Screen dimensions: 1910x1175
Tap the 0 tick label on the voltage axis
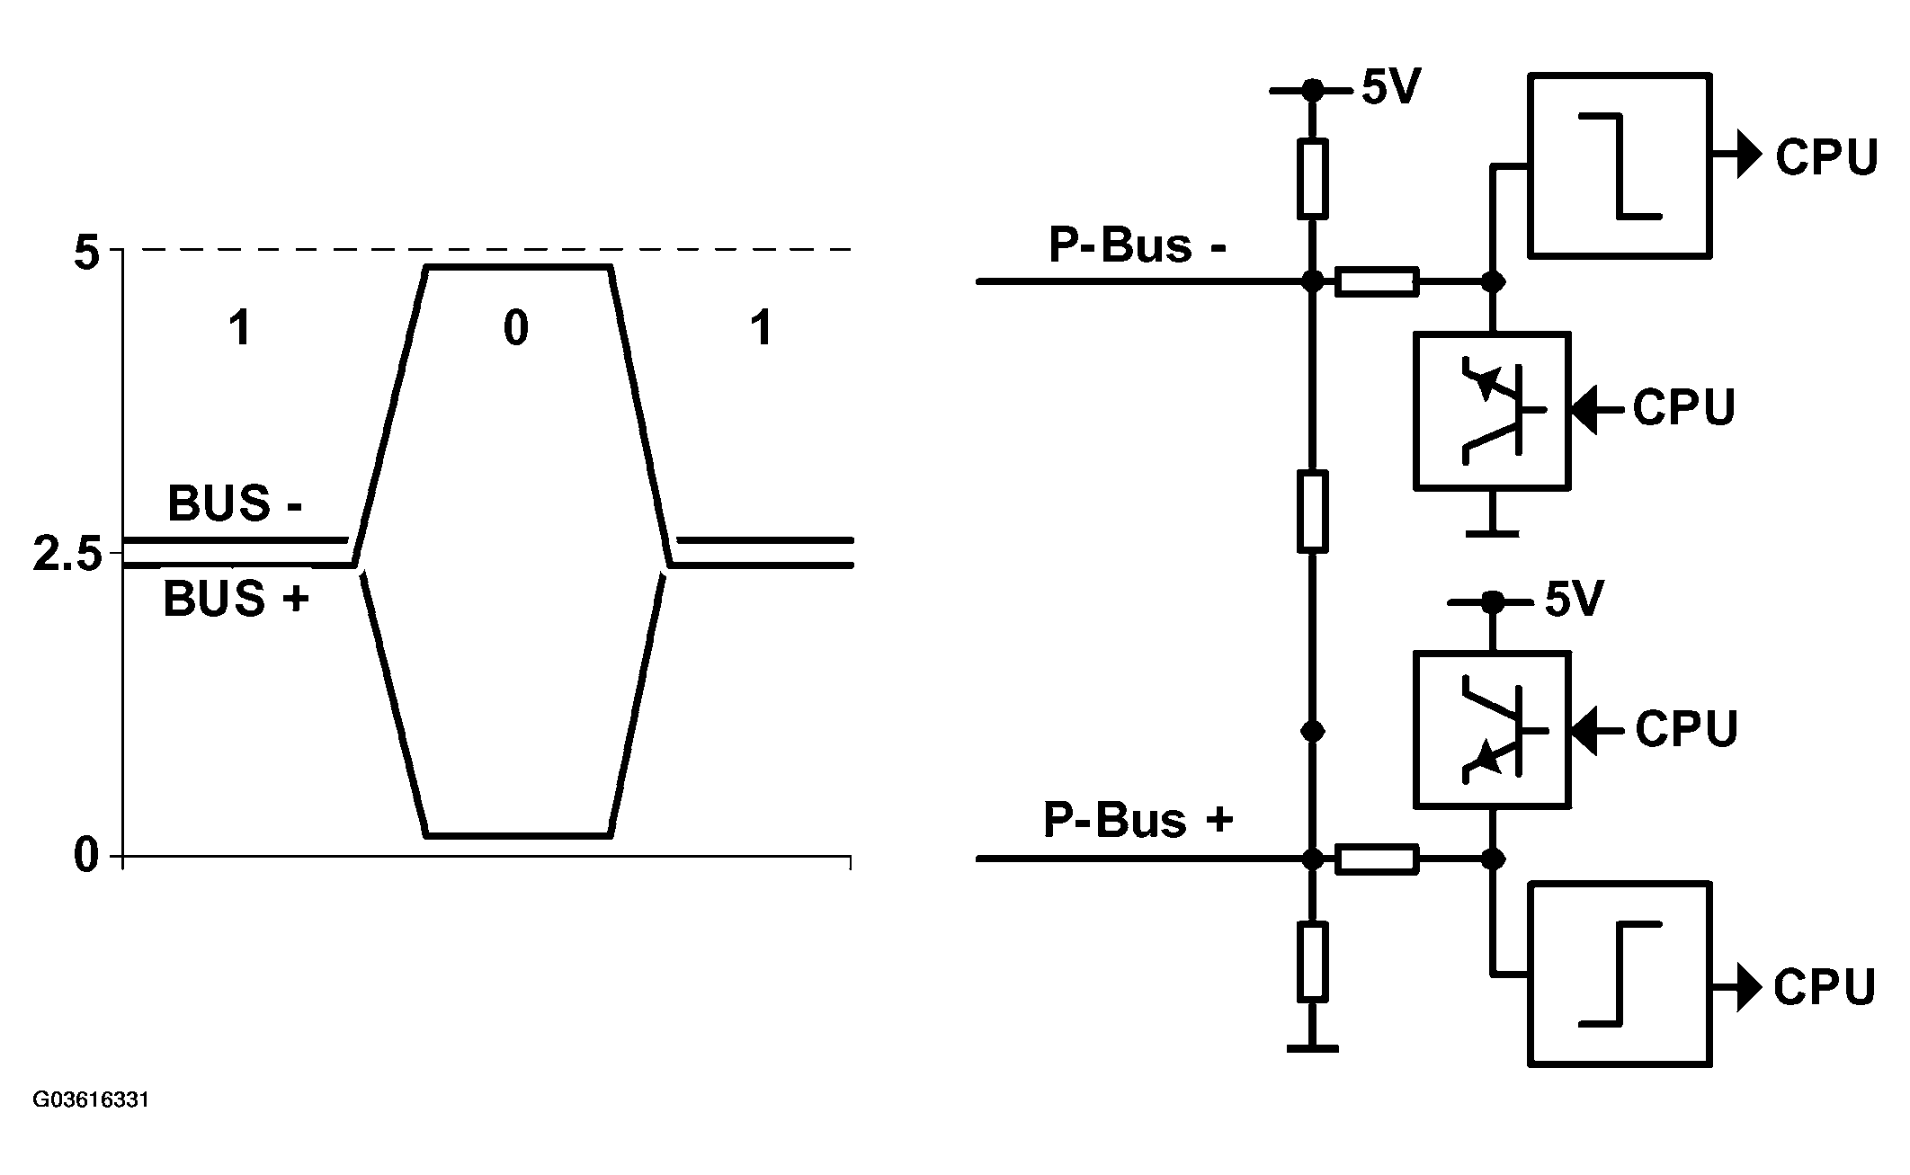pos(86,855)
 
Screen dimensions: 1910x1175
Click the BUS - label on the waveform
pos(235,503)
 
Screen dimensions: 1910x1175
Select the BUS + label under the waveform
pos(236,599)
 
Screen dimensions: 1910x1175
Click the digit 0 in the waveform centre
pos(515,328)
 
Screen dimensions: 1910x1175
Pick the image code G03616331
pos(91,1100)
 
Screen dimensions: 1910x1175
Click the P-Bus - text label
pos(1138,245)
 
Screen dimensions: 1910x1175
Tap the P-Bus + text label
pos(1138,819)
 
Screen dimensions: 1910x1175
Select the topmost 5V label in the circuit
pos(1390,87)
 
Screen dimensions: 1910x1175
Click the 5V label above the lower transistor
pos(1574,600)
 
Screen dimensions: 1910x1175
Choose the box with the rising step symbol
pos(1620,975)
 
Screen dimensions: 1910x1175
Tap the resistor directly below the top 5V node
pos(1313,178)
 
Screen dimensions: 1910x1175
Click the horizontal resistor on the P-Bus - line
pos(1378,281)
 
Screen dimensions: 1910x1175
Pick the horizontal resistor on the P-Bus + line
pos(1378,859)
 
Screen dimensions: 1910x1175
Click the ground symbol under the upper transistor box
pos(1493,533)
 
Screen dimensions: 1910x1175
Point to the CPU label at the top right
pos(1826,157)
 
